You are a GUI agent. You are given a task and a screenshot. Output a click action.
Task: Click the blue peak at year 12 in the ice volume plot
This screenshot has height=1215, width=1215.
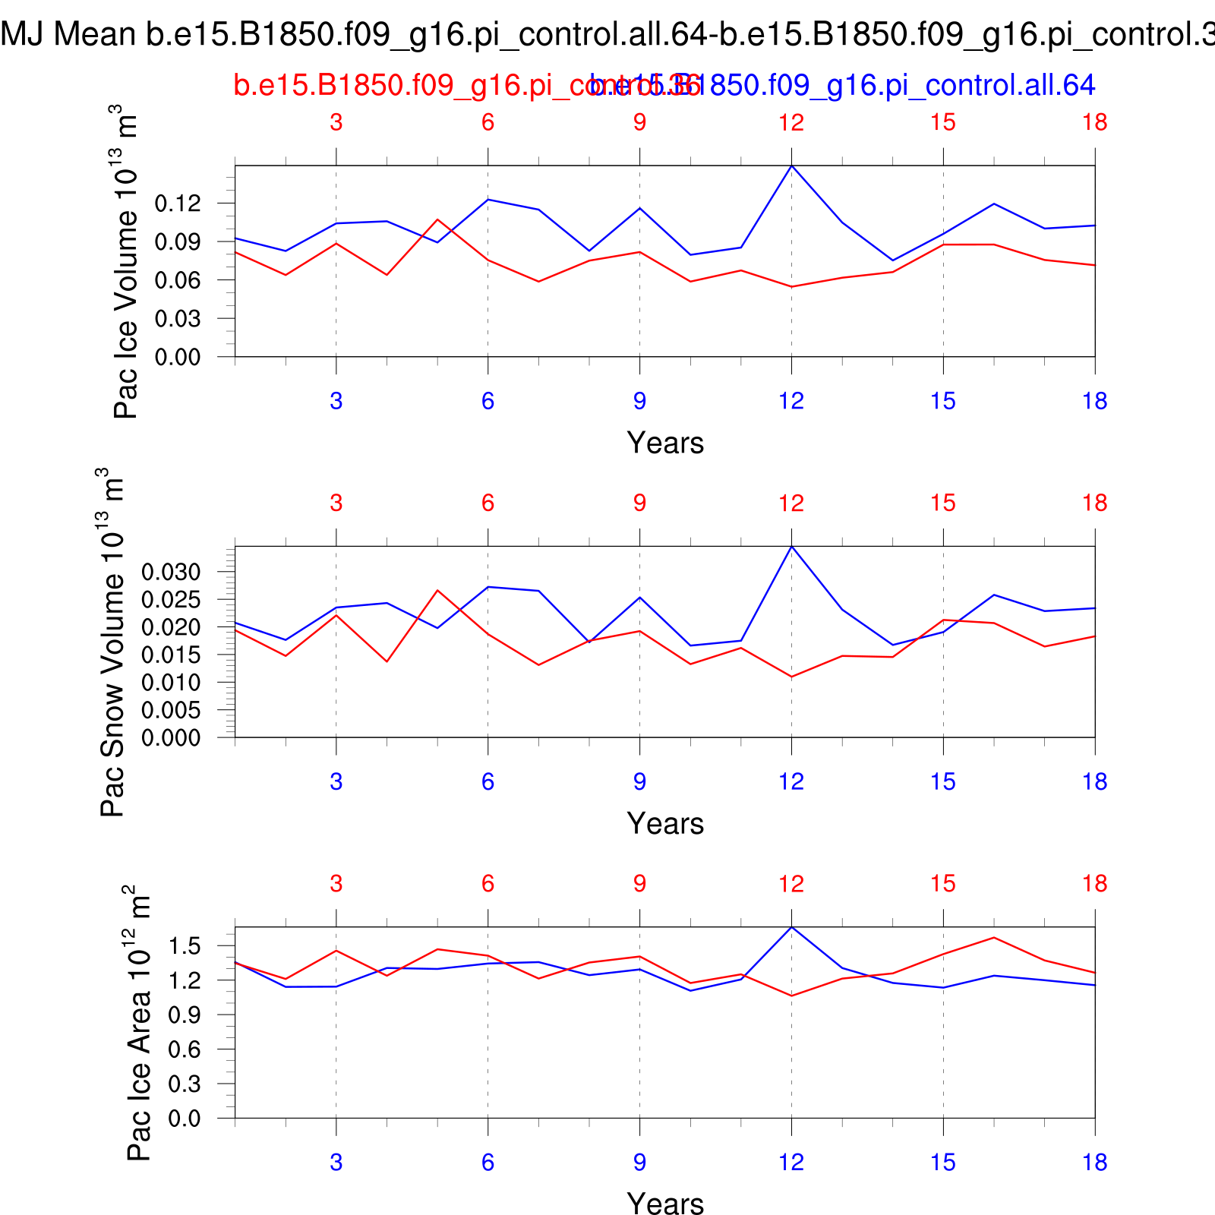(x=791, y=166)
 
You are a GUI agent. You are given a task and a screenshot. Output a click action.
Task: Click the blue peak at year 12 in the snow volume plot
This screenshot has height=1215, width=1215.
(x=791, y=547)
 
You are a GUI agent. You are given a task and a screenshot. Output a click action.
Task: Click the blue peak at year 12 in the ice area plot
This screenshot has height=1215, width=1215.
(x=791, y=927)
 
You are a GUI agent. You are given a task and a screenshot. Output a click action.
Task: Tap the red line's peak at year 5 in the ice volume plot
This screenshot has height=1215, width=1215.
(x=437, y=219)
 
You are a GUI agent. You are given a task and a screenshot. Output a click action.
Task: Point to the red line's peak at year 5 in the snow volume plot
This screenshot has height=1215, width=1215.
(x=437, y=590)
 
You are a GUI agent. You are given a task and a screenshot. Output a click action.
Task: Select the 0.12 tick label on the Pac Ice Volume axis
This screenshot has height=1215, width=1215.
(x=178, y=204)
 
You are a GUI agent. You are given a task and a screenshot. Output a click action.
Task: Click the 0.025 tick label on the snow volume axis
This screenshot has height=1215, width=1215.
(x=172, y=600)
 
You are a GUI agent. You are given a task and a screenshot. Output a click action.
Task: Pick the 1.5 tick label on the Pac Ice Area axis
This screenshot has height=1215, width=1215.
(x=185, y=946)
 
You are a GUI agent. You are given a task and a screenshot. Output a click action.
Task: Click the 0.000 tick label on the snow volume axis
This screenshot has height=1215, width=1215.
(x=172, y=737)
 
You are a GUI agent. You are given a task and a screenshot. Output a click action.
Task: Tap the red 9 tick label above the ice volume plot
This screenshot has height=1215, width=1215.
(x=639, y=122)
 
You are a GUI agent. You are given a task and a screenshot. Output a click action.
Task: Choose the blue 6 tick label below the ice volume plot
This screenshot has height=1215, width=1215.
(x=488, y=401)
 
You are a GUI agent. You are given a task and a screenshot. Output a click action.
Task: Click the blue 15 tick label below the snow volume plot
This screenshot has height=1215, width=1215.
(x=943, y=781)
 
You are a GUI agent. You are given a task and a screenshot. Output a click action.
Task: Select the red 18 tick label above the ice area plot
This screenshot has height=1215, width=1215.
(x=1095, y=883)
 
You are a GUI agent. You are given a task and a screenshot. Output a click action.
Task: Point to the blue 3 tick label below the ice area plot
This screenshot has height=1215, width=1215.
(x=336, y=1162)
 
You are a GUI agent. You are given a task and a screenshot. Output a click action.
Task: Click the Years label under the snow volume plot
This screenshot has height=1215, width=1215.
(x=665, y=823)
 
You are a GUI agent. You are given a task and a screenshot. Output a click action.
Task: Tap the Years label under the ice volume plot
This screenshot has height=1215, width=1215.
(x=665, y=443)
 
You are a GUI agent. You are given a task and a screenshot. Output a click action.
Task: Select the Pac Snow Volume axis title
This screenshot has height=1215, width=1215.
(x=112, y=642)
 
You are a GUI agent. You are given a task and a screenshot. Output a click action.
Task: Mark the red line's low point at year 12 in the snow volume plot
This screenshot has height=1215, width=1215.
(x=791, y=677)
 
